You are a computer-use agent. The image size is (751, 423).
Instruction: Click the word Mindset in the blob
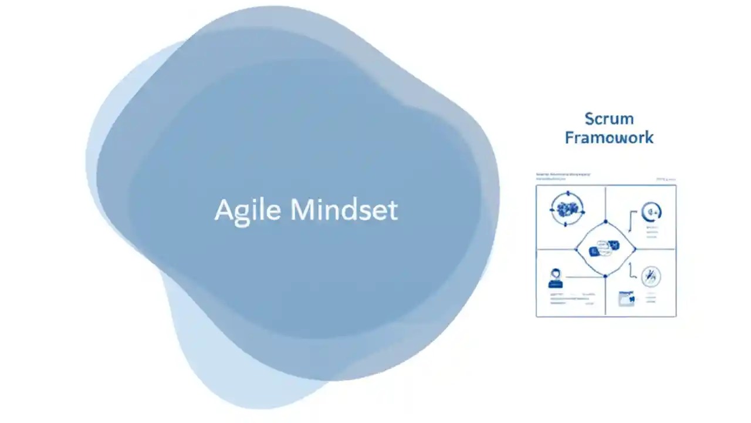tap(344, 210)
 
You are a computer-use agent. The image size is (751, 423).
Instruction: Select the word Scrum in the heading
tap(609, 119)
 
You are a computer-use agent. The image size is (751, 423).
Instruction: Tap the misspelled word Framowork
tap(609, 138)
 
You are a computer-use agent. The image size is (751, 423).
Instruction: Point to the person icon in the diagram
tap(555, 277)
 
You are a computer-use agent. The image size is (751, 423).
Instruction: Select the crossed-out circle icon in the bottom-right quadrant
tap(651, 276)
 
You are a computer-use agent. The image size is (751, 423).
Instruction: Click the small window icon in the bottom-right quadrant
tap(627, 298)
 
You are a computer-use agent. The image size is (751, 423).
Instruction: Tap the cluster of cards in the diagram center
tap(605, 249)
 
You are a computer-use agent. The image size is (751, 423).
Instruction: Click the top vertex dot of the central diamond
tap(605, 221)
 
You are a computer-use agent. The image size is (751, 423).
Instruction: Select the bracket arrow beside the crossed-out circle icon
tap(631, 270)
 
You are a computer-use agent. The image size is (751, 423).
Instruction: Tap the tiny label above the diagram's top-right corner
tap(666, 179)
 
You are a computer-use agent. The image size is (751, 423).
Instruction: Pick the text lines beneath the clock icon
tap(651, 232)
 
